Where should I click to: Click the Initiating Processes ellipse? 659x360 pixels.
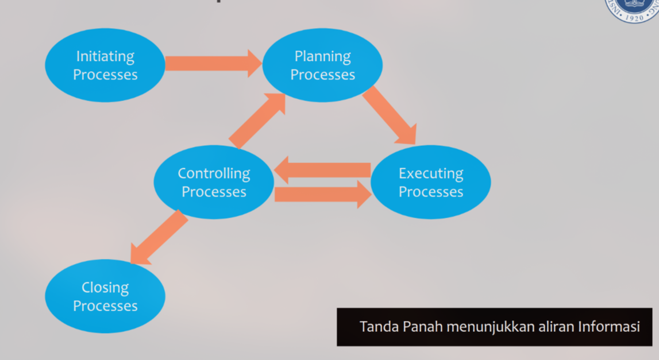coord(105,65)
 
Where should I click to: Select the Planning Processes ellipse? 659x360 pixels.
coord(322,65)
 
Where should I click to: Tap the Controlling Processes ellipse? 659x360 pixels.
coord(214,182)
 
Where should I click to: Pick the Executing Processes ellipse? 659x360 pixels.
coord(430,182)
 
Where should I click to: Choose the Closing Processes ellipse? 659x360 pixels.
coord(105,296)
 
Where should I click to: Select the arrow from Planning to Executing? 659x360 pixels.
coord(389,115)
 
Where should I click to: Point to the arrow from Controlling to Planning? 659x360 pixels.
coord(257,120)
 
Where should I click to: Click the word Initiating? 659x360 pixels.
coord(105,56)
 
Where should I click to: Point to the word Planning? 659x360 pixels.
coord(322,56)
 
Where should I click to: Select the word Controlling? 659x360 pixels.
coord(214,173)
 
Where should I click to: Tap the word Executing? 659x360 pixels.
coord(430,173)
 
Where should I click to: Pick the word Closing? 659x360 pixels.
coord(105,287)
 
